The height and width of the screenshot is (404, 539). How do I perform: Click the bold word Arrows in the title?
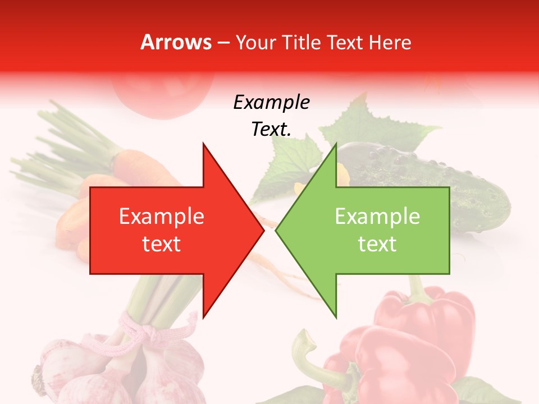(x=176, y=42)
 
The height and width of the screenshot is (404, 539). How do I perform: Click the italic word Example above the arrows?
(x=271, y=103)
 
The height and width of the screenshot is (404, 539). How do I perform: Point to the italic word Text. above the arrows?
(x=271, y=130)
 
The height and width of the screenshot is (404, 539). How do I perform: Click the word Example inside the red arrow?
(x=162, y=217)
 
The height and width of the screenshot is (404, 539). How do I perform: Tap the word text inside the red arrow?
(x=162, y=244)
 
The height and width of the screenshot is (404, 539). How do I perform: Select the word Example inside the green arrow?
(x=377, y=217)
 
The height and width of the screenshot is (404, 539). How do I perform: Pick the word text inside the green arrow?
(x=377, y=244)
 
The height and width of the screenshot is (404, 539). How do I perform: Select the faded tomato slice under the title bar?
(x=163, y=95)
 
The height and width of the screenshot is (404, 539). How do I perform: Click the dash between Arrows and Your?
(x=223, y=43)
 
